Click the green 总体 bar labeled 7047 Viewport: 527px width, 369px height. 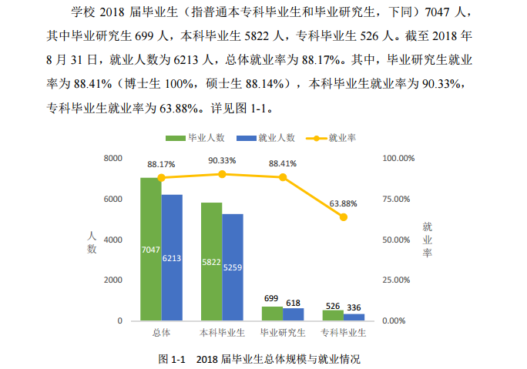[150, 249]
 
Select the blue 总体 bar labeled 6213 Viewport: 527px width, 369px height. [172, 257]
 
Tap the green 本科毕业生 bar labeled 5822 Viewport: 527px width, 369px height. [211, 261]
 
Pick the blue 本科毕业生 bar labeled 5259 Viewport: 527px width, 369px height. [233, 267]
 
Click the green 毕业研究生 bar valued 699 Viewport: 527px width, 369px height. [272, 313]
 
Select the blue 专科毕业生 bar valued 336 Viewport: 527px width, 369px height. [354, 317]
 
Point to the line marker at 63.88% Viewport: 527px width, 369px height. [344, 217]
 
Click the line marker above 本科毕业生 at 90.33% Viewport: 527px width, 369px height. [222, 174]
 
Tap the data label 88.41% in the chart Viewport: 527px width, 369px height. [283, 163]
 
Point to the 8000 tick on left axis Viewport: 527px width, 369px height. [113, 158]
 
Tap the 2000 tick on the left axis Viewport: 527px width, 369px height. [113, 280]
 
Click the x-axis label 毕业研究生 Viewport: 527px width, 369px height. [283, 333]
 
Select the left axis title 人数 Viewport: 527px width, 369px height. [92, 241]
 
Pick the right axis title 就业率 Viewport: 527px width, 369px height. [428, 240]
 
